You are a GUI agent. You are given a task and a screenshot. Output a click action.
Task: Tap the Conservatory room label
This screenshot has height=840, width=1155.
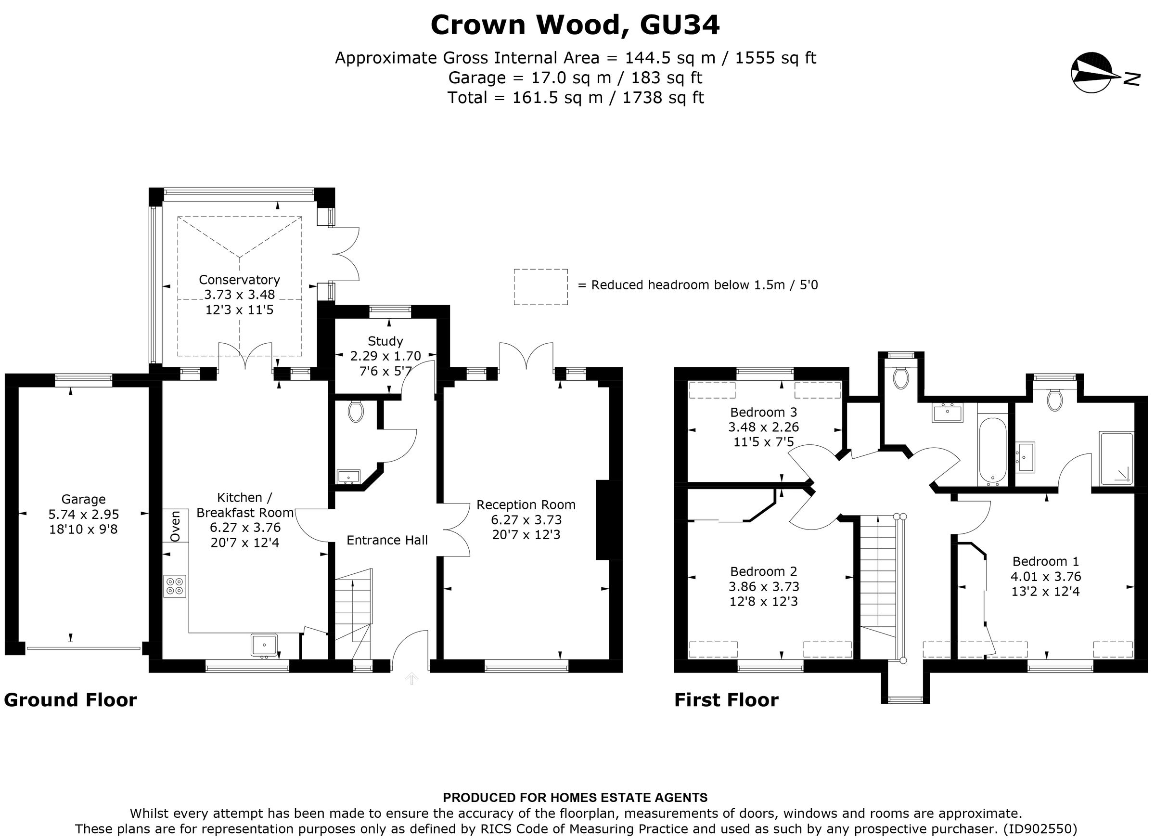click(239, 280)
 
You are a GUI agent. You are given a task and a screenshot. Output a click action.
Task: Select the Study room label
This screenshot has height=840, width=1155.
click(385, 341)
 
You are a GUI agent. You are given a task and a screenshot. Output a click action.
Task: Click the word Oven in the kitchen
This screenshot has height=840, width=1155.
click(175, 526)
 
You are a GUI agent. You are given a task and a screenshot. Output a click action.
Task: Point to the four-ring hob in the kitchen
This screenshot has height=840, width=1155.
click(175, 586)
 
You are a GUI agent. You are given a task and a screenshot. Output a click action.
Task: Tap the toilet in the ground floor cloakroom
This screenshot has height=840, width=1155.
click(356, 411)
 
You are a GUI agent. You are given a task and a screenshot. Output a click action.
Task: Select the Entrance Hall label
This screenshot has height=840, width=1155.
click(387, 540)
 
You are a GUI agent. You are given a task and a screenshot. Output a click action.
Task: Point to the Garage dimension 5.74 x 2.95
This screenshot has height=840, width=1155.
click(84, 515)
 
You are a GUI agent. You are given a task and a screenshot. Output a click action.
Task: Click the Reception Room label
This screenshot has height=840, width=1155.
click(526, 505)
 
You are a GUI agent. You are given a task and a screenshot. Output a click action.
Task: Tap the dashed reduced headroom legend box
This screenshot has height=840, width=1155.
click(540, 287)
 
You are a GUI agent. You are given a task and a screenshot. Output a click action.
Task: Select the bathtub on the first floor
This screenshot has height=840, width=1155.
click(992, 450)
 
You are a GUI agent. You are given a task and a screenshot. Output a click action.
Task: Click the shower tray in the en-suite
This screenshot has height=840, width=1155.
click(1116, 458)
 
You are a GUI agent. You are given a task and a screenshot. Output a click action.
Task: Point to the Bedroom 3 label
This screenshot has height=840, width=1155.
click(763, 412)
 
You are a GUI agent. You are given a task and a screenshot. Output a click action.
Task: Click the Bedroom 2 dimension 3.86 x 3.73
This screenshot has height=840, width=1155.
click(763, 586)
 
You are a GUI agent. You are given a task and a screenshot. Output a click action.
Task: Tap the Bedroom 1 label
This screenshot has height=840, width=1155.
click(1045, 561)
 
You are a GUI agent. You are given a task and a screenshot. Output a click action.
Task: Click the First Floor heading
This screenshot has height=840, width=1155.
click(726, 700)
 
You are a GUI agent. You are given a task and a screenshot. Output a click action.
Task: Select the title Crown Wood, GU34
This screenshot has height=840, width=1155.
click(575, 25)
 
